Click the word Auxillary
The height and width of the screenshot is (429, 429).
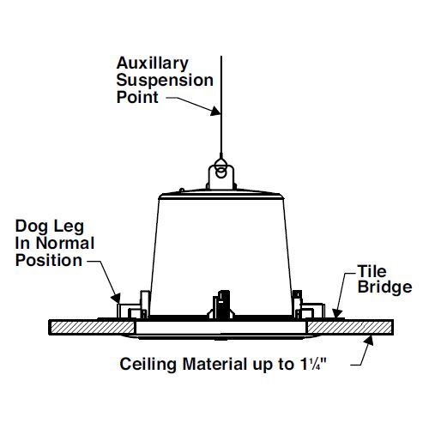(153, 63)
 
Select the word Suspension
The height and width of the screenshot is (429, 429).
(165, 80)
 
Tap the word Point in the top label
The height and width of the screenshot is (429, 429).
(137, 97)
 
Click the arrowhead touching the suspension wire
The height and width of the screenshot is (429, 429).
(216, 111)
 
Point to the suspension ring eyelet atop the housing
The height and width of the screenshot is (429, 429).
(221, 172)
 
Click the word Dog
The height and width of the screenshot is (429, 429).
(32, 227)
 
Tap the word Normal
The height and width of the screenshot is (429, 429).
(65, 244)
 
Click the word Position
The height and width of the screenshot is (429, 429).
(49, 261)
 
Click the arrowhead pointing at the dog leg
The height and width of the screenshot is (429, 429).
(116, 299)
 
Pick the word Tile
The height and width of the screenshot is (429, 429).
(372, 271)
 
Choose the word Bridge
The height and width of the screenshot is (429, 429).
(384, 287)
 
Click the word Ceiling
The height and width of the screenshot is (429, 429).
(148, 365)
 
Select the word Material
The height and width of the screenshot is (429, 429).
(214, 365)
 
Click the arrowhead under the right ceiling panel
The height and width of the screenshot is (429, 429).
(369, 341)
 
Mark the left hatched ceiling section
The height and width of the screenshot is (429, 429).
(92, 328)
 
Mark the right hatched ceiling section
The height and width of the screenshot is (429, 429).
(350, 328)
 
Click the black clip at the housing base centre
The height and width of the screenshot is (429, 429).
(221, 305)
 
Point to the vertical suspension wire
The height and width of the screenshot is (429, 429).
(221, 106)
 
